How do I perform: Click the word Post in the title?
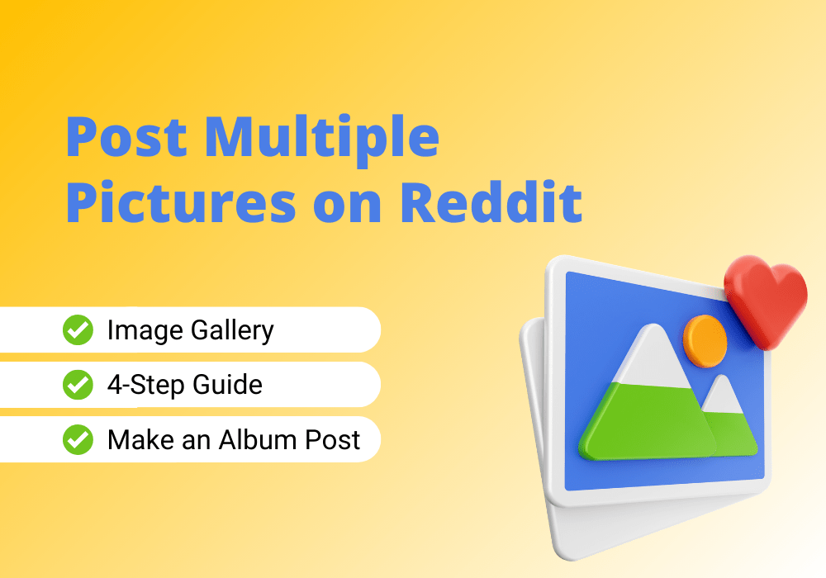tap(126, 137)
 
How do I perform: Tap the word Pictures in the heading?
tap(181, 203)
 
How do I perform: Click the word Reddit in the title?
tap(491, 202)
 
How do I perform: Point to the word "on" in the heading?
tap(347, 207)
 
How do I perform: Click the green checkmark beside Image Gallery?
tap(78, 330)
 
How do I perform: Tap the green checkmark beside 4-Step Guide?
tap(78, 385)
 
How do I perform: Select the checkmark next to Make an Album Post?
tap(78, 439)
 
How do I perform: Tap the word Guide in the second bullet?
tap(228, 385)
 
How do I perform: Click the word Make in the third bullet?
tap(140, 439)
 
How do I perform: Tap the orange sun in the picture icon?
tap(705, 341)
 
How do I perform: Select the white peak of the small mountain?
tap(722, 395)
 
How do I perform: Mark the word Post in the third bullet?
tap(333, 439)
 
